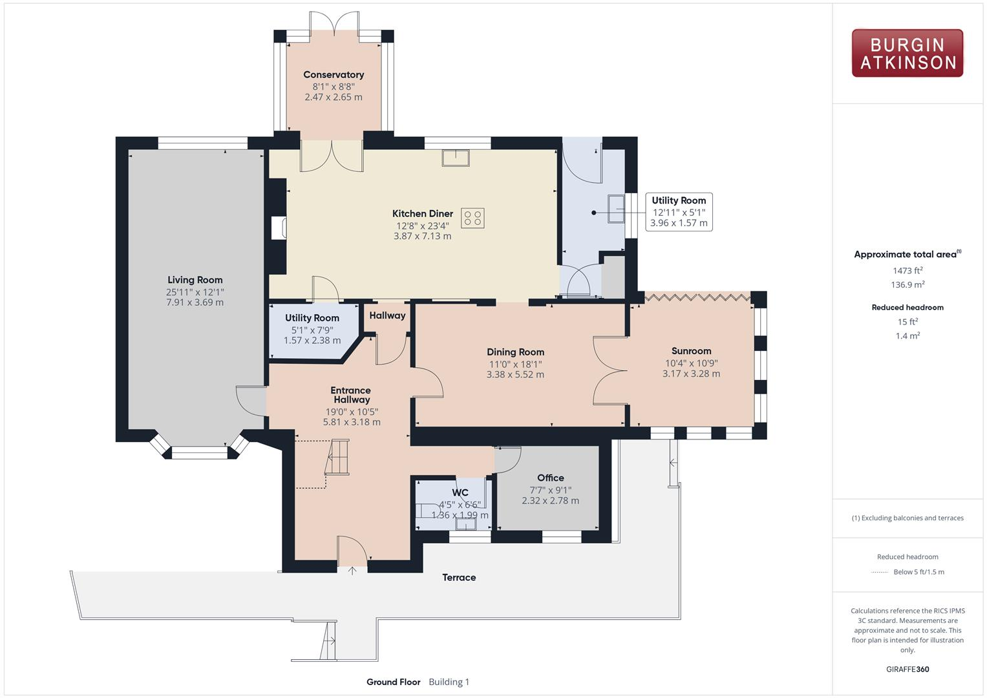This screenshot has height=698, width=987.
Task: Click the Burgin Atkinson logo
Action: pos(907,53)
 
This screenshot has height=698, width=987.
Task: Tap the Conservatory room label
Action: pos(334,75)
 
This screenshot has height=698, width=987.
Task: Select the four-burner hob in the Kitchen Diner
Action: pos(472,218)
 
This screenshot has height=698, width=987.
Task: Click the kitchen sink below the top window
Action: pos(456,158)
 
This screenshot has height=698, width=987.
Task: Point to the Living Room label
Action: pos(195,280)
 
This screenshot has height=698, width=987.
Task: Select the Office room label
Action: pos(550,478)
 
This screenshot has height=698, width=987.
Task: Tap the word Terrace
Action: pos(459,577)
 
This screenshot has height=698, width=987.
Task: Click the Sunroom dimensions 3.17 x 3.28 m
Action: pos(691,374)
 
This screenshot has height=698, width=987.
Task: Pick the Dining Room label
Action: pos(515,352)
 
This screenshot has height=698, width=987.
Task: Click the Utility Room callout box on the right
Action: pos(679,211)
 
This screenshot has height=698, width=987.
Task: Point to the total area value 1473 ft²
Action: pos(907,271)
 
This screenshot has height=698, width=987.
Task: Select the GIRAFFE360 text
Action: pos(907,669)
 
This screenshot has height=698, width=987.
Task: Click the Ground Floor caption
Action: pos(393,682)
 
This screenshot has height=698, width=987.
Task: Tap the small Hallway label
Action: pos(387,315)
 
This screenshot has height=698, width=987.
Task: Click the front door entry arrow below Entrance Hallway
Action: pos(352,570)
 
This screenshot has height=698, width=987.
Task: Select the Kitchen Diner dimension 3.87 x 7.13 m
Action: pos(422,237)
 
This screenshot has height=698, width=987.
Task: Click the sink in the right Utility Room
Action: pos(616,209)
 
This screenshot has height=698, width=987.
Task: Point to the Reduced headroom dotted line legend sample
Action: pos(880,572)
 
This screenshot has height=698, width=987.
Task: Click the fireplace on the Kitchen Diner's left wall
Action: pos(280,228)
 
